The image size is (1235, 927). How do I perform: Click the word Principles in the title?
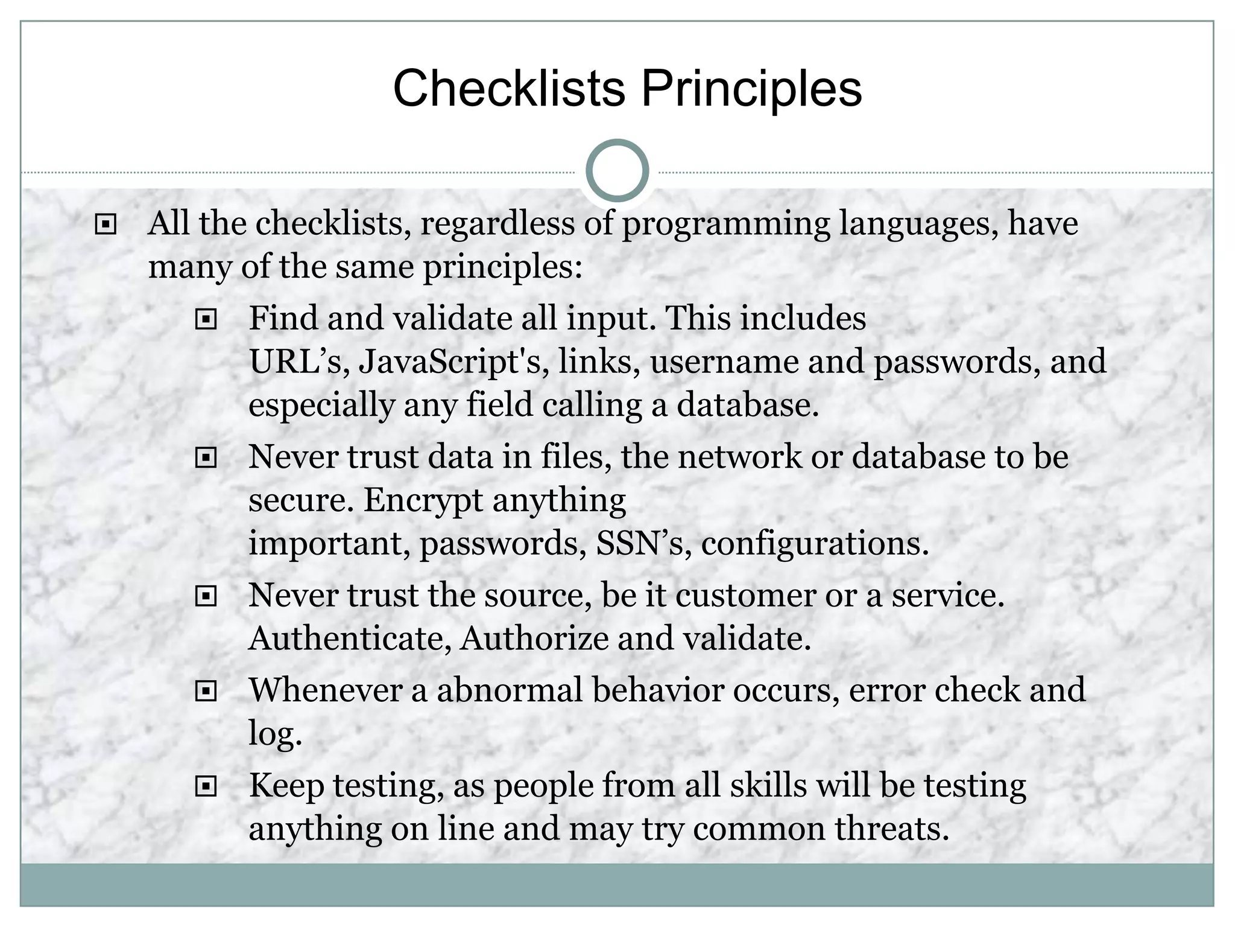coord(751,89)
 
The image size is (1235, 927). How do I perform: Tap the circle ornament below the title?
coord(617,170)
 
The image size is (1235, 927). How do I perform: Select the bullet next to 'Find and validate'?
coord(206,319)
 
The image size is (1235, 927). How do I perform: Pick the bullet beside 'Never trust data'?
coord(206,459)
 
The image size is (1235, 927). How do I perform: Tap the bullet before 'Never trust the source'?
coord(206,597)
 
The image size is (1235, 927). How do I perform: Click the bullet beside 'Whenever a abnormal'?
coord(206,692)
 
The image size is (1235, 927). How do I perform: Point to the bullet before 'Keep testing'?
coord(206,786)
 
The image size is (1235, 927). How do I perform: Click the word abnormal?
coord(510,690)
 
